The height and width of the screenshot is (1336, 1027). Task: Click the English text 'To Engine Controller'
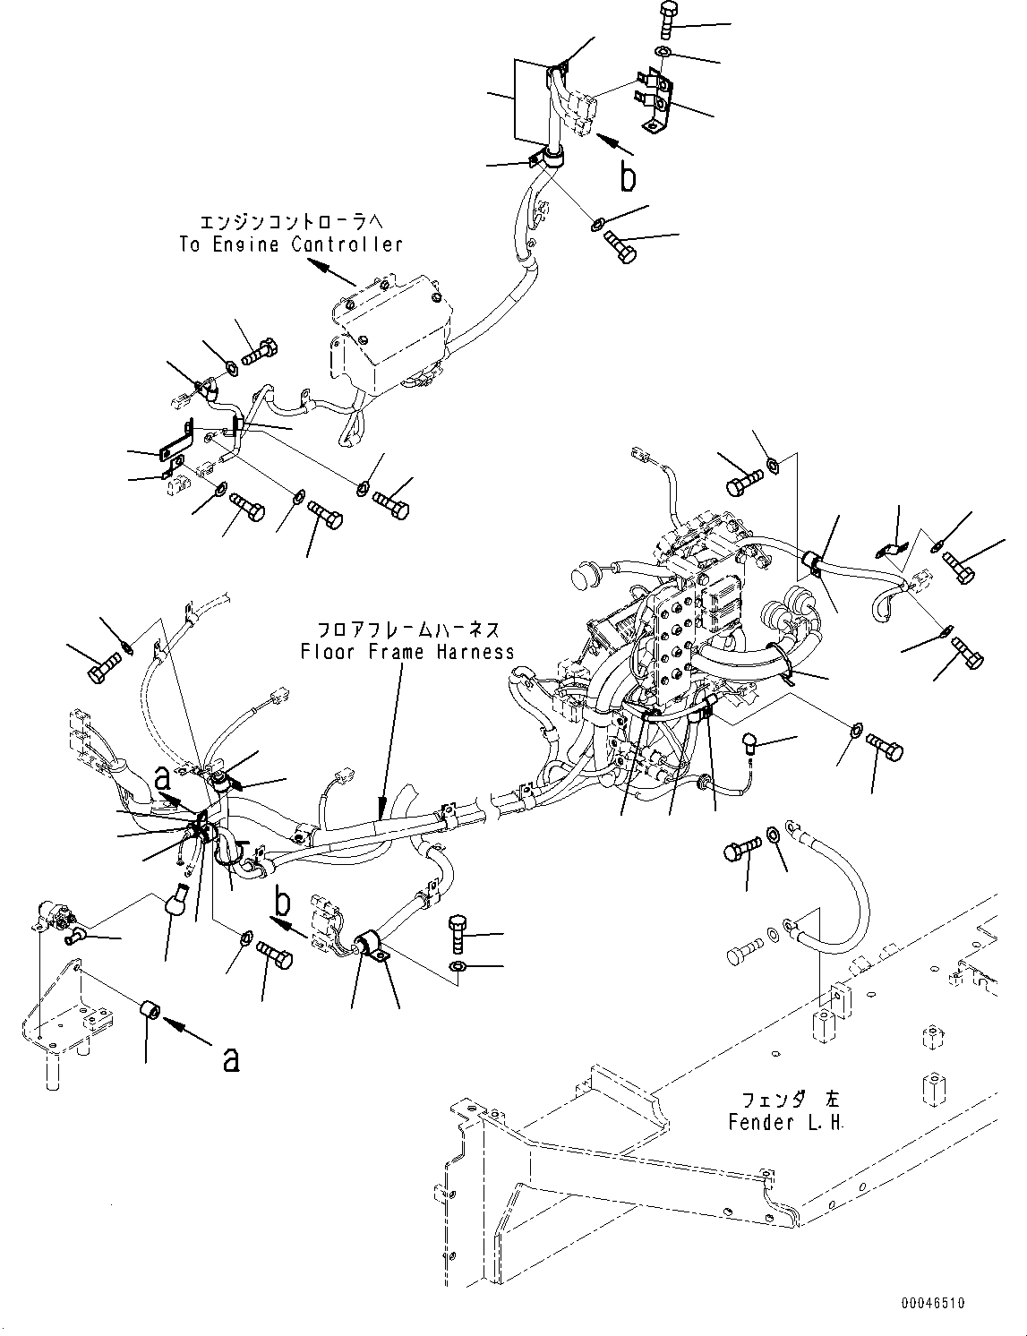pos(291,244)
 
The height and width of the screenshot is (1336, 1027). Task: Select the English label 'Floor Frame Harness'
pos(407,652)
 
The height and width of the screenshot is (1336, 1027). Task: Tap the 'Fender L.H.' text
pos(785,1122)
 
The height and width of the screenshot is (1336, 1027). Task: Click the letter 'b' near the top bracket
pos(629,177)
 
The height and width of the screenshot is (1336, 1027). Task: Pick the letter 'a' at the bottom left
pos(231,1058)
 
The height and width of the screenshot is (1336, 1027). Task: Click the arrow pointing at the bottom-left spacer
pos(189,1032)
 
